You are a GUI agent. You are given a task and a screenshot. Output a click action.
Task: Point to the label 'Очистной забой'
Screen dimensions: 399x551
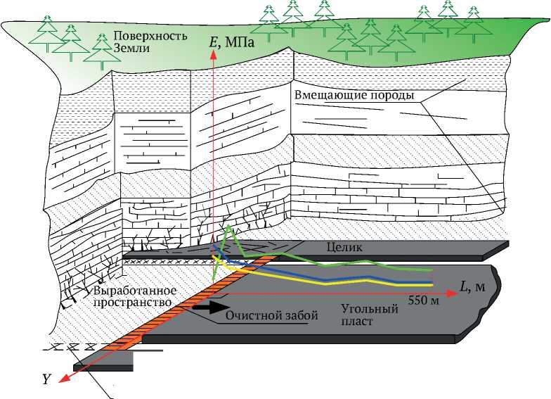[272, 315]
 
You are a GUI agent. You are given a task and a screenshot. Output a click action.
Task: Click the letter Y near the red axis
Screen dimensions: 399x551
[46, 379]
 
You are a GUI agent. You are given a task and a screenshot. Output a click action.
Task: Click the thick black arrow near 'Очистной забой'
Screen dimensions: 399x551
[209, 307]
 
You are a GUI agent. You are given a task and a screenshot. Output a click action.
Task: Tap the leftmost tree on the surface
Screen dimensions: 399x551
[47, 28]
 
